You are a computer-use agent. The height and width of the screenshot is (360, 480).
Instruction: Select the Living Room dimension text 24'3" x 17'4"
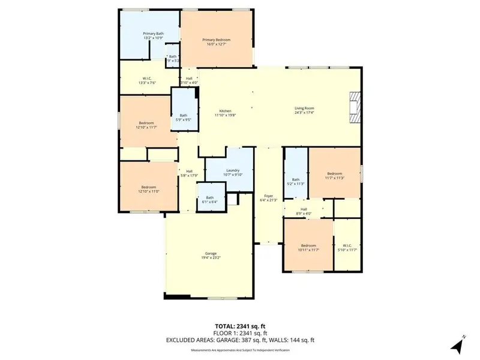(305, 113)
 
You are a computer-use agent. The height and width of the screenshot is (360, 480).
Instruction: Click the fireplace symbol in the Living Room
(356, 107)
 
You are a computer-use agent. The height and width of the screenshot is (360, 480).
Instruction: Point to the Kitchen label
(225, 111)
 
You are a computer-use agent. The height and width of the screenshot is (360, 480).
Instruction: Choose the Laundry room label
(233, 171)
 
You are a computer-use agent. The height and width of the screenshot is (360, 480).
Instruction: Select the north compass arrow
(457, 344)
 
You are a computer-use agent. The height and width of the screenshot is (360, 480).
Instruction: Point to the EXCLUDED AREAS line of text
(240, 340)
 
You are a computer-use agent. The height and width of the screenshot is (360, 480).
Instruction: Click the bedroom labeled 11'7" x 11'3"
(334, 173)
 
